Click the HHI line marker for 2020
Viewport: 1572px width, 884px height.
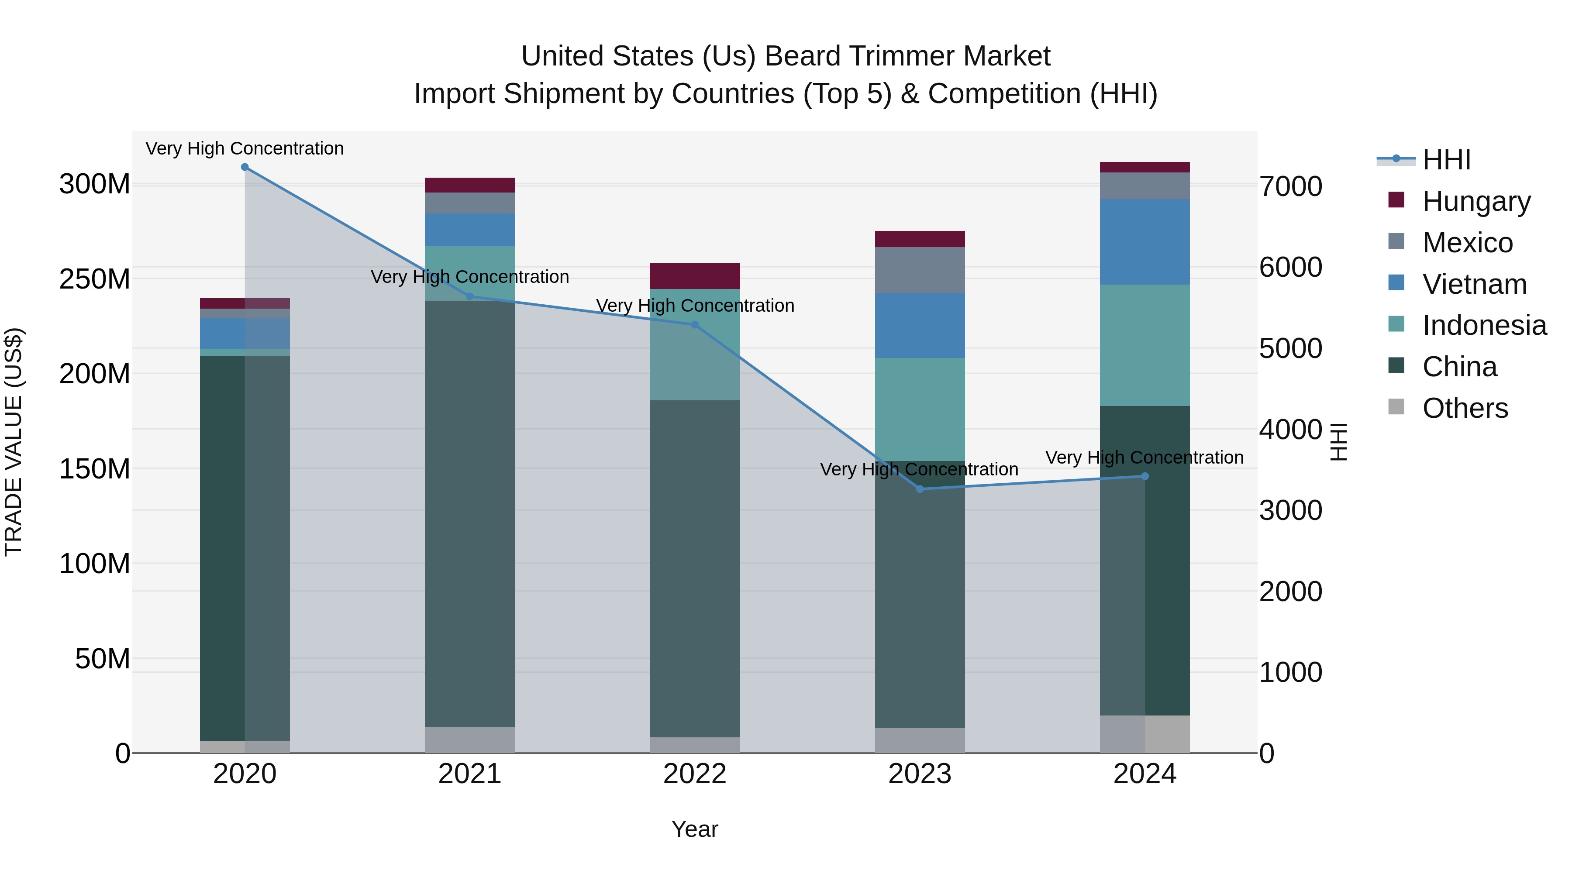tap(245, 167)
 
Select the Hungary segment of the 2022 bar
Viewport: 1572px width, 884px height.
tap(694, 276)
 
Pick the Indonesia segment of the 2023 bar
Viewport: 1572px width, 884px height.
tap(920, 409)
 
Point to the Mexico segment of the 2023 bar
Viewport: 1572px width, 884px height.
tap(920, 270)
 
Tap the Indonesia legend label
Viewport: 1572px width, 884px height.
tap(1484, 326)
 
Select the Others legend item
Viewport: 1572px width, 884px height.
tap(1465, 408)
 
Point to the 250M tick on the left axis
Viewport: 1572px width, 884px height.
tap(95, 279)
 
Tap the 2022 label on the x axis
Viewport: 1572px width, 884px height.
tap(694, 774)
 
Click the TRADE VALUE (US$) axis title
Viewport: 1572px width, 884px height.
tap(14, 442)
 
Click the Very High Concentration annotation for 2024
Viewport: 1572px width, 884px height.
tap(1144, 457)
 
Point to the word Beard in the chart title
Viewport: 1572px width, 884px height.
tap(799, 57)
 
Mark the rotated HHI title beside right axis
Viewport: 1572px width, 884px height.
tap(1338, 442)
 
